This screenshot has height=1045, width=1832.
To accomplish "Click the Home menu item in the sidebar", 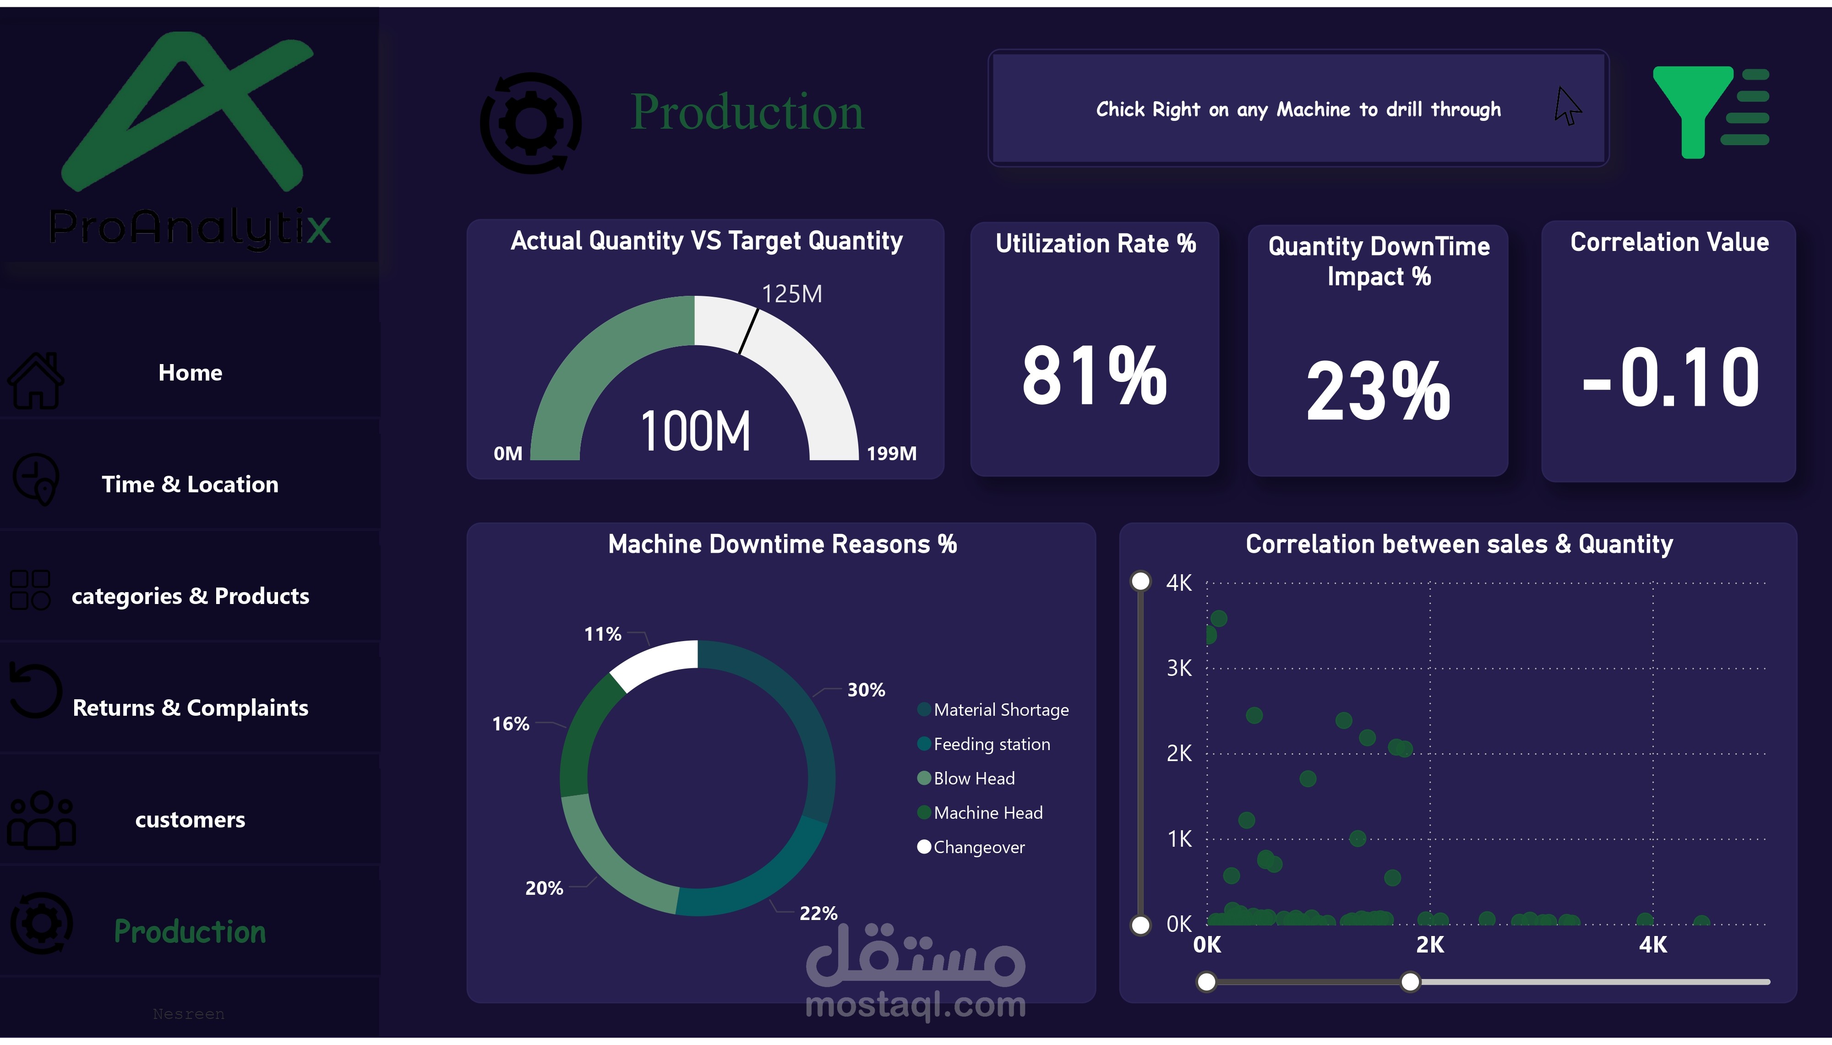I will (190, 372).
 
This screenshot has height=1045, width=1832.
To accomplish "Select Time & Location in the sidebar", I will (190, 484).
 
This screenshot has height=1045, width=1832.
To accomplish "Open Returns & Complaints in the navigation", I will (190, 708).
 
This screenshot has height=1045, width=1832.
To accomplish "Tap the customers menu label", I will (190, 820).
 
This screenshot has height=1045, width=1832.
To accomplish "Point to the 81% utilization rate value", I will (1094, 376).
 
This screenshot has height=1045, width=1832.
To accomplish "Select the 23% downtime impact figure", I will (1378, 391).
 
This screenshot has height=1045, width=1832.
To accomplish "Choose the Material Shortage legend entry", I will (1000, 710).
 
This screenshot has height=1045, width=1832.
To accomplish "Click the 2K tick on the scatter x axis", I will (1429, 945).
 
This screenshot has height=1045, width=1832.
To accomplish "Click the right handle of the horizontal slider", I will (1410, 982).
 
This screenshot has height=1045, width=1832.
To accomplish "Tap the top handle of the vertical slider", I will (1140, 581).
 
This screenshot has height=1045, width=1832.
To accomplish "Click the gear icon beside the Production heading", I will (530, 123).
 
